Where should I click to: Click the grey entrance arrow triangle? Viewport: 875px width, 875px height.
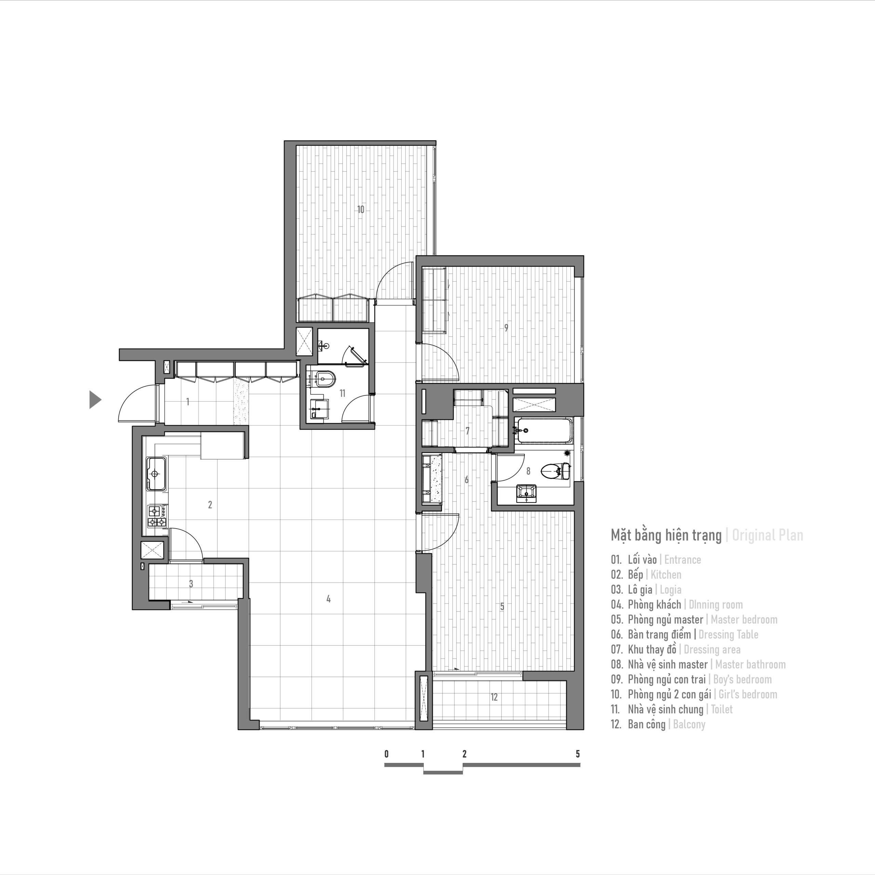click(x=94, y=400)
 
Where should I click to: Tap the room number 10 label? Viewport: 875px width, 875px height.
click(x=361, y=210)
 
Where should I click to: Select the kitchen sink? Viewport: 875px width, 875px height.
click(x=155, y=474)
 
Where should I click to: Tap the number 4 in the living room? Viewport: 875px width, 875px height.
click(x=328, y=599)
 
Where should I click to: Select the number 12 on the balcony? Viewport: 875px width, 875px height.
click(x=494, y=697)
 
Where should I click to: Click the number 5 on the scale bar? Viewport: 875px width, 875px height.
click(x=577, y=754)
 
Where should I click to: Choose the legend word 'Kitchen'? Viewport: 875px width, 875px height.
click(x=666, y=575)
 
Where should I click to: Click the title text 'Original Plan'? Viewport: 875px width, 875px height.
click(x=767, y=535)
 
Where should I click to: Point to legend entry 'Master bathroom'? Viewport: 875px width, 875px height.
click(x=750, y=664)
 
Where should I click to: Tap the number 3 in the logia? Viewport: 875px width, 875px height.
click(x=191, y=584)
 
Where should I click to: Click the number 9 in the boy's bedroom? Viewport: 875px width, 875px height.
click(x=506, y=327)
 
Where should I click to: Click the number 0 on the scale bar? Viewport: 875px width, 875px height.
click(x=386, y=754)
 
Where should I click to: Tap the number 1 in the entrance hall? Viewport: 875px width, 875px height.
click(x=188, y=401)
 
